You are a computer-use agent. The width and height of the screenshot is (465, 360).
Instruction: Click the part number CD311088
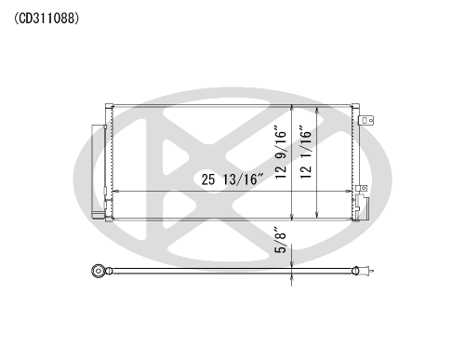[x=46, y=19]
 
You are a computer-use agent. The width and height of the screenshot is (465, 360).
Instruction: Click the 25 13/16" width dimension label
[x=232, y=180]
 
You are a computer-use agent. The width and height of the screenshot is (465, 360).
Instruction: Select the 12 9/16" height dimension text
[x=281, y=152]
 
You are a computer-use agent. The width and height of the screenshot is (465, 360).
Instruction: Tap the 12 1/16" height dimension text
[x=306, y=152]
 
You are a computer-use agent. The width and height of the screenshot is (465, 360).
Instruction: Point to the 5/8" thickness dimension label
[x=281, y=243]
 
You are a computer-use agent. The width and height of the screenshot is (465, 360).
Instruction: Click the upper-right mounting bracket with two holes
[x=366, y=120]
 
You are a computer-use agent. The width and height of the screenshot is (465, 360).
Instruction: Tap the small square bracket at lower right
[x=362, y=188]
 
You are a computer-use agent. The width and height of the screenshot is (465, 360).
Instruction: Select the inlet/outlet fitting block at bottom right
[x=362, y=207]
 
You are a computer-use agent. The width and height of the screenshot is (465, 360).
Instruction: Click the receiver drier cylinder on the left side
[x=99, y=171]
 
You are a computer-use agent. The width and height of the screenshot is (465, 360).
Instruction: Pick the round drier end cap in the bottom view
[x=98, y=271]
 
